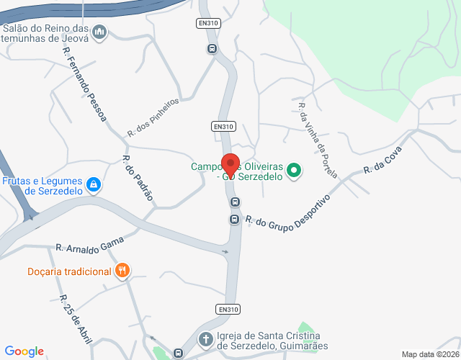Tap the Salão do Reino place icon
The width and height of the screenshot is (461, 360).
pos(100,31)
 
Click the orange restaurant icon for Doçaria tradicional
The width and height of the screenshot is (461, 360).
pos(123,271)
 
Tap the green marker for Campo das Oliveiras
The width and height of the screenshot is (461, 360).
pos(293,171)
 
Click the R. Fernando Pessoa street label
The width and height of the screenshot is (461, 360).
pos(84,85)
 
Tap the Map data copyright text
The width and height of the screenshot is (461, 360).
pos(429,354)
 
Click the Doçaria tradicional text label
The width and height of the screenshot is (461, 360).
pos(69,271)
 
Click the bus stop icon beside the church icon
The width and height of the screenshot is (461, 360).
pos(178,354)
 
